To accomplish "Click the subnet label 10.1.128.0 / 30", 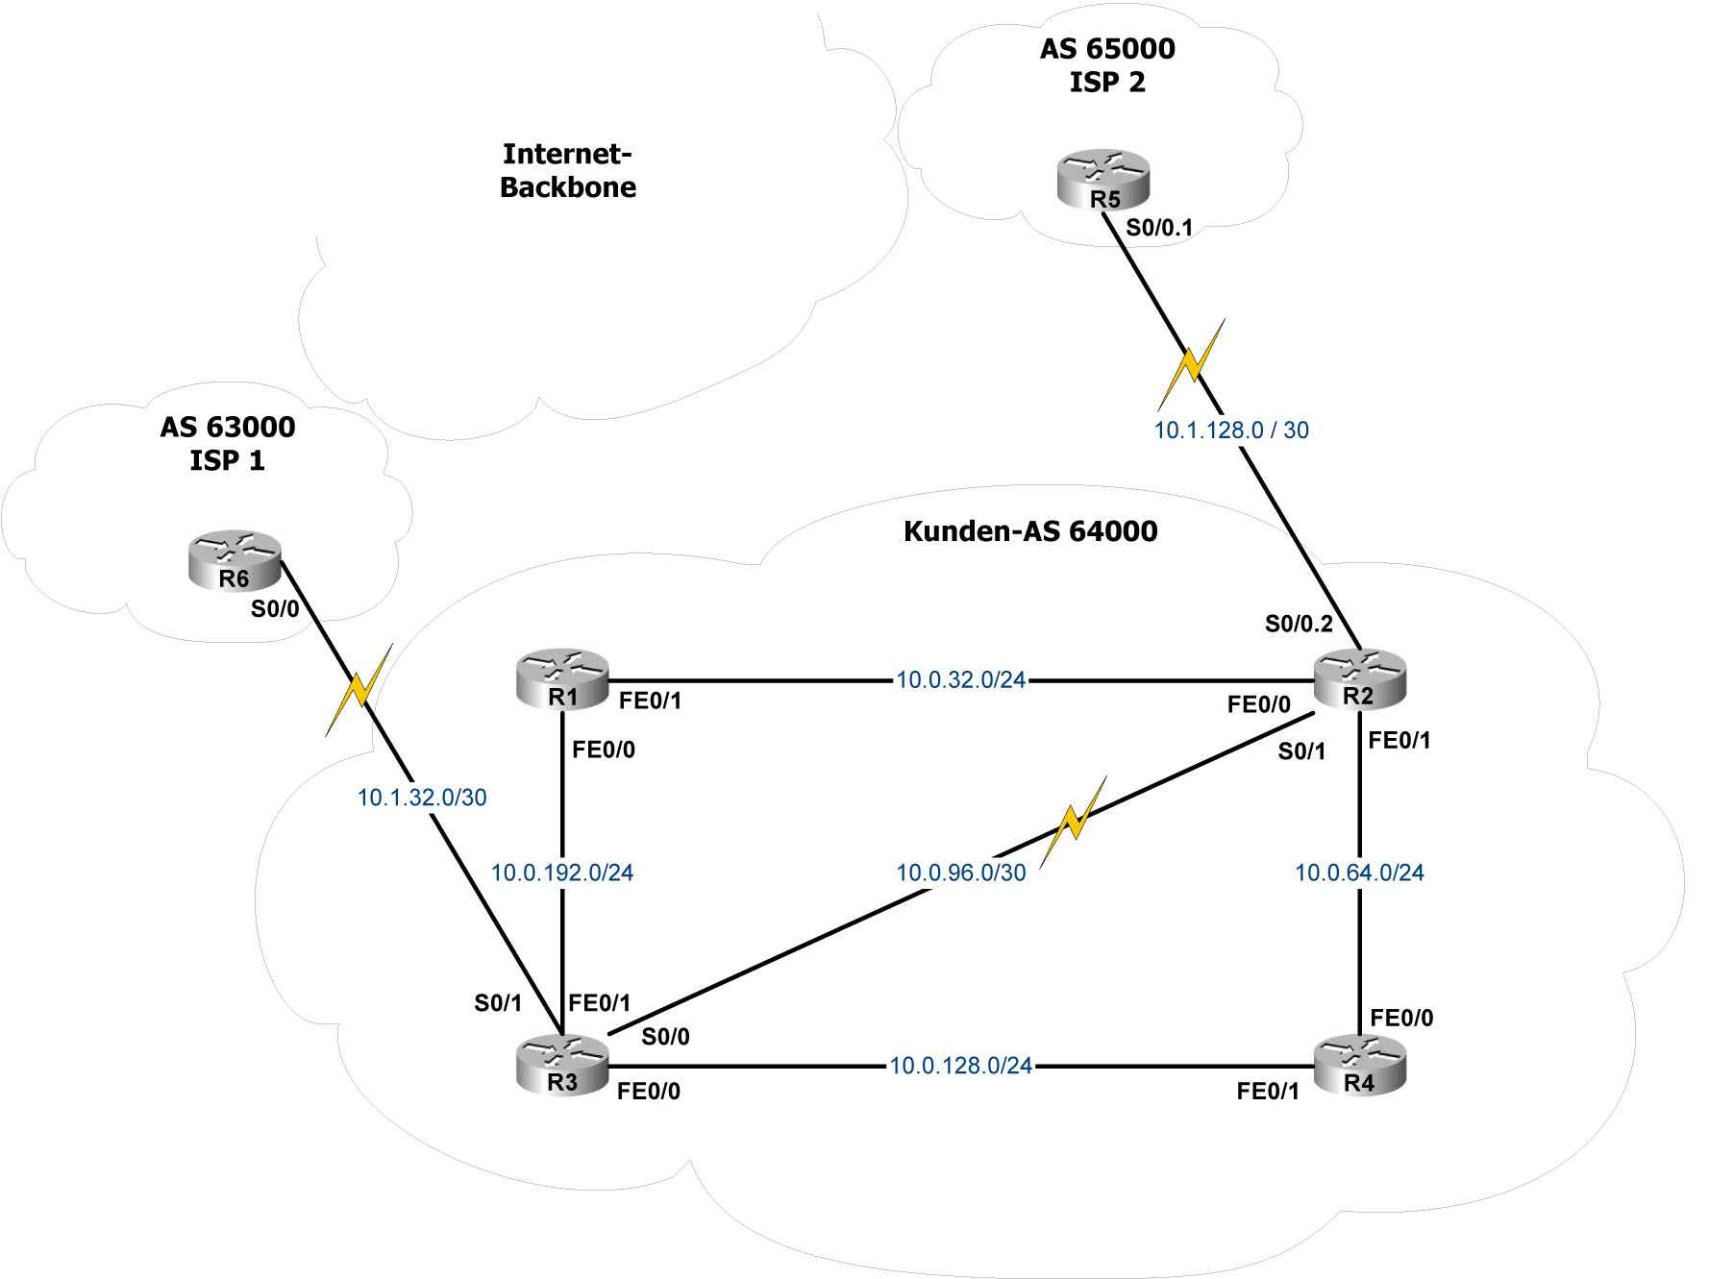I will (x=1231, y=430).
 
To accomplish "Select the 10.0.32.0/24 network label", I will (x=960, y=680).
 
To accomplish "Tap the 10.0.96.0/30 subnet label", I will (x=960, y=873).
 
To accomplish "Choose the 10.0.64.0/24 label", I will (x=1359, y=873).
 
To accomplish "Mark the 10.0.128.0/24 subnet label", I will (x=960, y=1066).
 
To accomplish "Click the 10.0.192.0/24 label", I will (x=562, y=873).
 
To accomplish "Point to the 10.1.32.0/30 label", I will (x=422, y=798).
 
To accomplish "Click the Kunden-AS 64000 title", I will (x=1030, y=531).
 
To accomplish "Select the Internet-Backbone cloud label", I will (x=568, y=170).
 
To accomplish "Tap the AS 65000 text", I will (x=1107, y=49).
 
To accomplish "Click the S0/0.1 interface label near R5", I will (x=1159, y=228).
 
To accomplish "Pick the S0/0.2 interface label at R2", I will (x=1299, y=624).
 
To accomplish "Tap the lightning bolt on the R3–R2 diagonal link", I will (x=1074, y=821).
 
